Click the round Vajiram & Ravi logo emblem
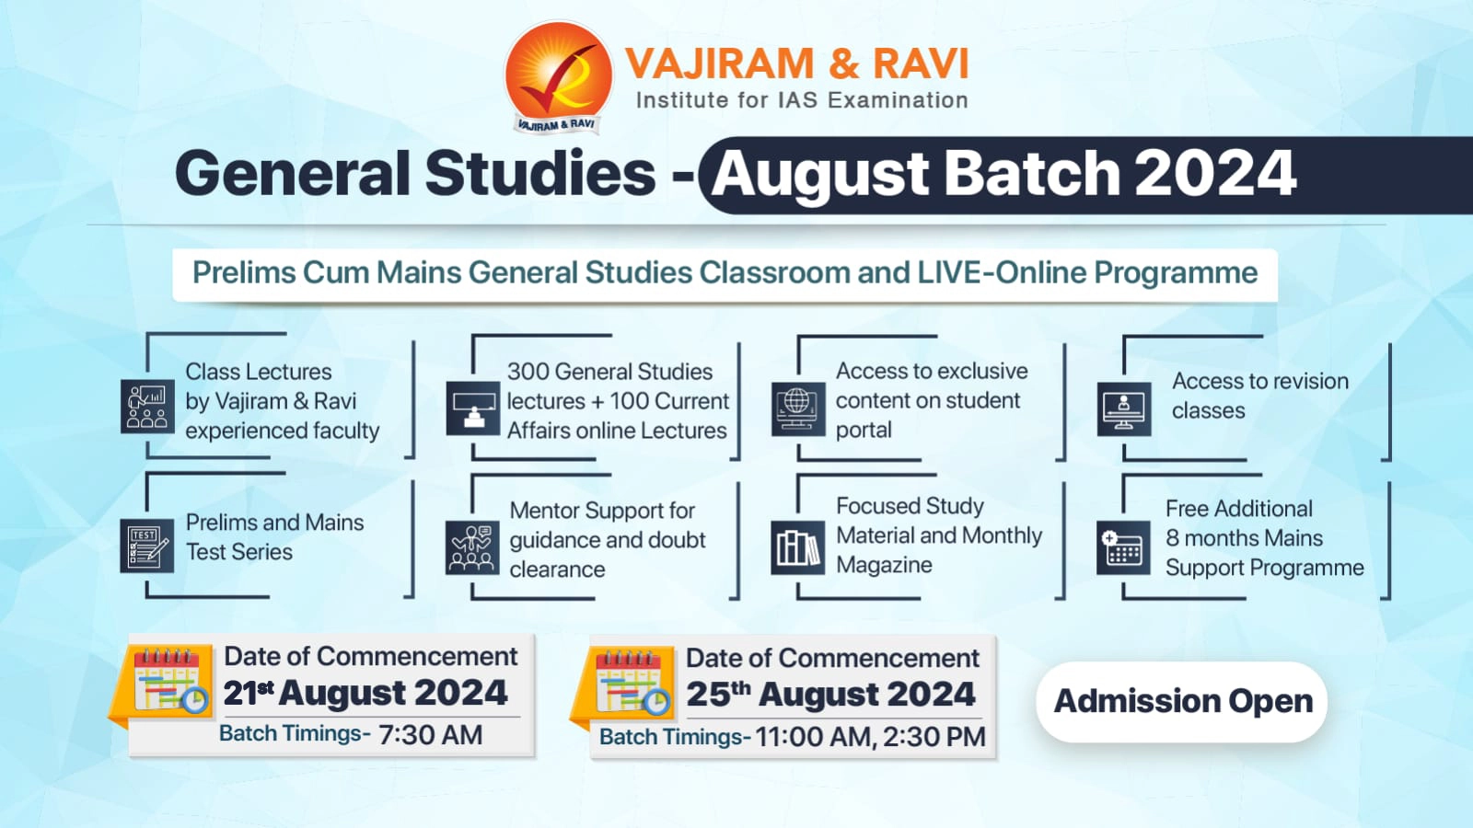[558, 77]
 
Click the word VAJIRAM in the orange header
[719, 64]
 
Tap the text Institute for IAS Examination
[802, 100]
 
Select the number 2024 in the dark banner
[1214, 174]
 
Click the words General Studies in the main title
[415, 174]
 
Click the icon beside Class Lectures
[147, 407]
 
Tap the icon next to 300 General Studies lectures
[473, 408]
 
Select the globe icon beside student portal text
[797, 408]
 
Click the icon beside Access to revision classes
[1123, 408]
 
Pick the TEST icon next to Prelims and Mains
[147, 545]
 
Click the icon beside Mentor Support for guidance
[472, 547]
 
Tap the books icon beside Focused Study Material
[797, 547]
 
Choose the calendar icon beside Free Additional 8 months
[1123, 547]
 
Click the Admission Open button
[1182, 701]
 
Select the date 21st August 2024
[365, 693]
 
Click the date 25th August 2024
[830, 695]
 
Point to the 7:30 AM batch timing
[430, 735]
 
